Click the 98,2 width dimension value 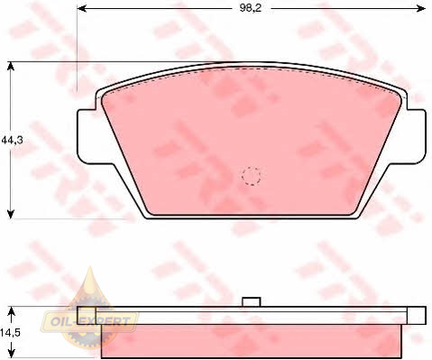point(251,8)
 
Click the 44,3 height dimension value point(13,140)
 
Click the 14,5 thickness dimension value point(10,333)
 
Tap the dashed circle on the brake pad point(251,176)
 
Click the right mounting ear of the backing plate point(416,136)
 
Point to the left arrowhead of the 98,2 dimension point(82,8)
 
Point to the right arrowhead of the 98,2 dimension point(420,8)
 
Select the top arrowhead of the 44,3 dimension point(11,67)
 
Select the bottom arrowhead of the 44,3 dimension point(11,214)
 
